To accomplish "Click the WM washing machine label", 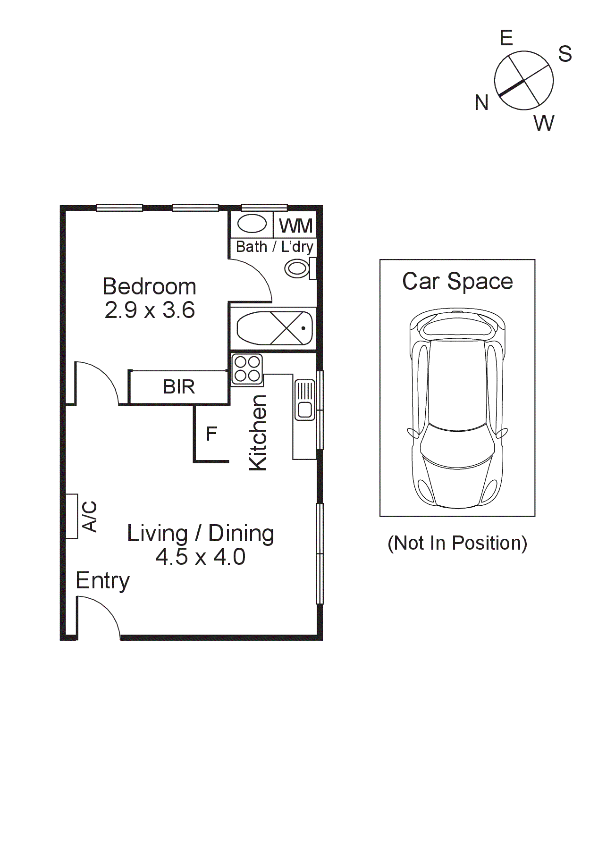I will click(x=295, y=226).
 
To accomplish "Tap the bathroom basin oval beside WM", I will click(x=252, y=224).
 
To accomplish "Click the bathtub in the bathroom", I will click(x=274, y=328).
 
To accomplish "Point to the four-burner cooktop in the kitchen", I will click(x=247, y=369).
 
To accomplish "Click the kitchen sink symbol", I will click(x=304, y=400).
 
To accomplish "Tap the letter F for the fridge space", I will click(x=211, y=434).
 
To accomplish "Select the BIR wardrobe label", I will click(x=179, y=387).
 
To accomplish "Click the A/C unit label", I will click(x=90, y=516).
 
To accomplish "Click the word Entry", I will click(x=102, y=581).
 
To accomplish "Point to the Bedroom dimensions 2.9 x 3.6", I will click(x=150, y=310).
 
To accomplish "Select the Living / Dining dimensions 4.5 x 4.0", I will click(x=200, y=557).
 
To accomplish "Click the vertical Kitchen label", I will click(x=259, y=433).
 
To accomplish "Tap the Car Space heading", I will click(x=457, y=281).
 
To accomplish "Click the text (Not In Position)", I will click(x=457, y=543).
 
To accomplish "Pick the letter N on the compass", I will click(x=481, y=102).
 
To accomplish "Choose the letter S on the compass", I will click(x=564, y=54).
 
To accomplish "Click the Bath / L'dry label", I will click(x=274, y=247).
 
